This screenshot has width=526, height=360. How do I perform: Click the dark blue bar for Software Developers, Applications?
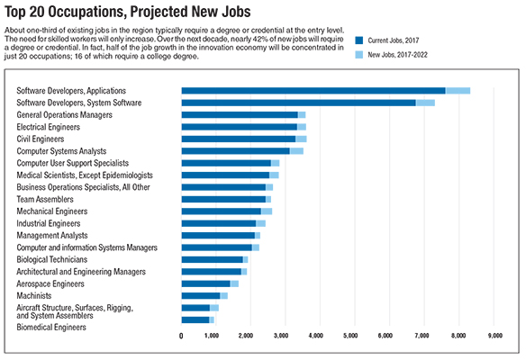pyautogui.click(x=313, y=91)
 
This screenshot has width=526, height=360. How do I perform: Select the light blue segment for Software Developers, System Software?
pyautogui.click(x=425, y=103)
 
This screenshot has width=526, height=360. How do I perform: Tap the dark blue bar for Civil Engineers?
pyautogui.click(x=239, y=139)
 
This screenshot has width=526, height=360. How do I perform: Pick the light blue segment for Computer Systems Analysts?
pyautogui.click(x=297, y=151)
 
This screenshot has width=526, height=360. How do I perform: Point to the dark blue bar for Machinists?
pyautogui.click(x=201, y=296)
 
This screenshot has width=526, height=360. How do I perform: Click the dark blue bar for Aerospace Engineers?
pyautogui.click(x=206, y=283)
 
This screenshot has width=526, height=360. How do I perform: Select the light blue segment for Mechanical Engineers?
pyautogui.click(x=267, y=211)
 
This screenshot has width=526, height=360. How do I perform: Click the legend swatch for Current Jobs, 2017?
pyautogui.click(x=359, y=40)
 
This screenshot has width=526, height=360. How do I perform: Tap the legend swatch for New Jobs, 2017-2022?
pyautogui.click(x=359, y=55)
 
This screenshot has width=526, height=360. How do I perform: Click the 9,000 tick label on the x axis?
pyautogui.click(x=495, y=336)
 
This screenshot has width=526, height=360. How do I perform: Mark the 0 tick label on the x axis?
pyautogui.click(x=181, y=336)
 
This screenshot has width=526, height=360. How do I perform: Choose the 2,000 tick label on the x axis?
pyautogui.click(x=246, y=336)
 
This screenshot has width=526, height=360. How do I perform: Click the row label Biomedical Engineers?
pyautogui.click(x=51, y=328)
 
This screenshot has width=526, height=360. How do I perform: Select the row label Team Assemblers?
pyautogui.click(x=45, y=200)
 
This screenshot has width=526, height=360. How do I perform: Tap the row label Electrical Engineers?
pyautogui.click(x=49, y=127)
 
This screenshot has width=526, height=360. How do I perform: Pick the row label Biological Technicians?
pyautogui.click(x=52, y=260)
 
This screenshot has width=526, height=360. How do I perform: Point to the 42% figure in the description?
pyautogui.click(x=263, y=39)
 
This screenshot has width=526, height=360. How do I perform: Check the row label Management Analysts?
pyautogui.click(x=52, y=236)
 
